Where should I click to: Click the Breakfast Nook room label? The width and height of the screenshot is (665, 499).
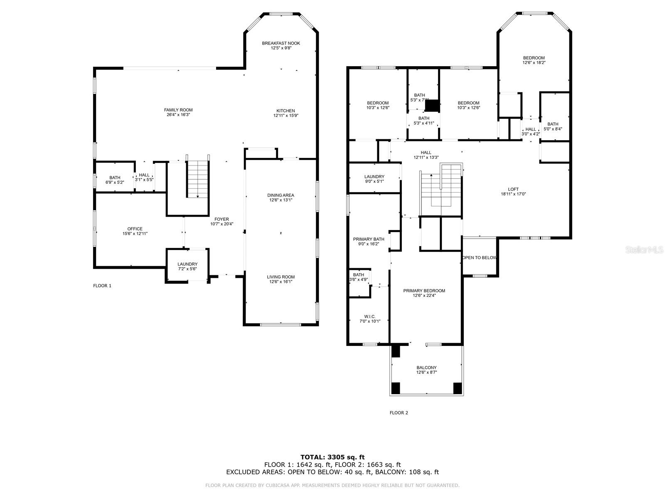(x=281, y=43)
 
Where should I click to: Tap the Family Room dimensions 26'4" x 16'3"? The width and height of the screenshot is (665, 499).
(x=178, y=115)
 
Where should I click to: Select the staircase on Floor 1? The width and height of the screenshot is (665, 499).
(x=197, y=179)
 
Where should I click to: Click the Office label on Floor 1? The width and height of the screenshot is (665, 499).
(x=135, y=229)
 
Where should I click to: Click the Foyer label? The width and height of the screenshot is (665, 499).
(x=222, y=219)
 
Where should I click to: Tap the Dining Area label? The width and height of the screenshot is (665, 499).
(x=281, y=195)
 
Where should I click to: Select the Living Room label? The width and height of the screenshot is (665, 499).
(x=281, y=277)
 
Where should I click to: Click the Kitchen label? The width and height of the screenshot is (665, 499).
(x=286, y=111)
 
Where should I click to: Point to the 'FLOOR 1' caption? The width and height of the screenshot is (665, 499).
(x=102, y=286)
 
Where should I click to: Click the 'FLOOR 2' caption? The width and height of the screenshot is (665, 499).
(x=399, y=413)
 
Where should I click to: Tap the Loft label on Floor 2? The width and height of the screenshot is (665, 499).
(x=513, y=189)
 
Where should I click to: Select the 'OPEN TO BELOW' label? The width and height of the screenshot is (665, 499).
(x=479, y=258)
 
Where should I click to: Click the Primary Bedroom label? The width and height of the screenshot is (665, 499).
(x=424, y=291)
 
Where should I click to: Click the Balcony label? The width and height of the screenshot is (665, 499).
(x=426, y=368)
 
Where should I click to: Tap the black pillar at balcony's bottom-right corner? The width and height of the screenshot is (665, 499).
(x=457, y=388)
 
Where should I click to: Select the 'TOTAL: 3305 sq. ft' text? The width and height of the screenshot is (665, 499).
(x=332, y=457)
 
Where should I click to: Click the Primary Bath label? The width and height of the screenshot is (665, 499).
(x=369, y=239)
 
